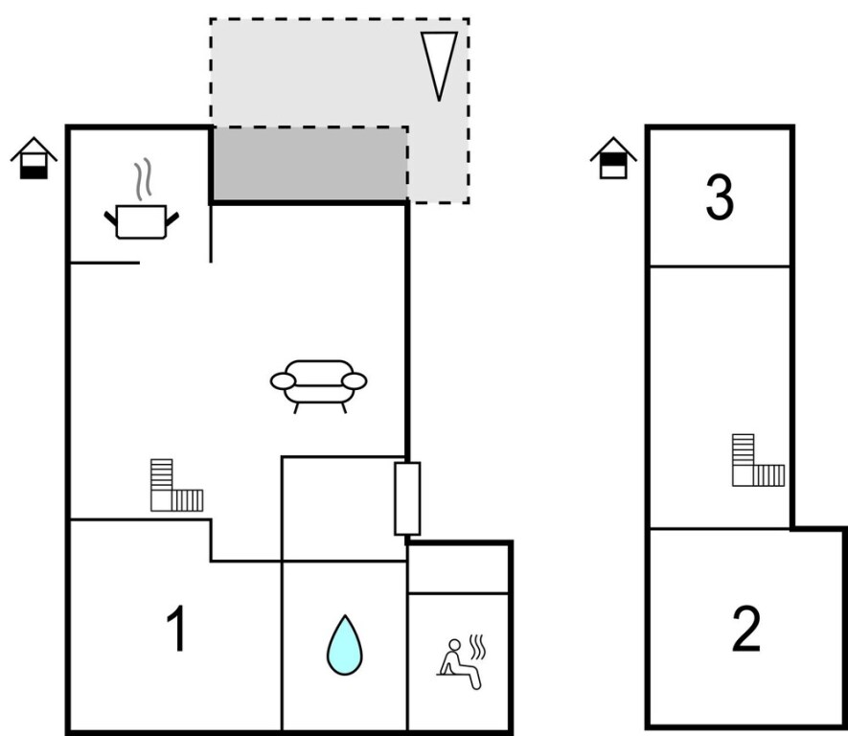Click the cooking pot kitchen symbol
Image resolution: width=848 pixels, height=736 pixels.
click(141, 221)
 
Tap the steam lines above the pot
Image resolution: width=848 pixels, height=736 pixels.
click(143, 179)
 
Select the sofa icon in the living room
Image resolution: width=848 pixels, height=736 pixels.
click(318, 386)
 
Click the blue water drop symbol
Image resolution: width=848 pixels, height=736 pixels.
click(345, 645)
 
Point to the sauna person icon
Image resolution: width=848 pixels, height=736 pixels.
click(461, 662)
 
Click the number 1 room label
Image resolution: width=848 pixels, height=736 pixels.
click(177, 629)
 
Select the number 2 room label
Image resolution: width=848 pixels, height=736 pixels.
click(746, 629)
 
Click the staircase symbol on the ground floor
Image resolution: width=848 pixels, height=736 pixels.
click(177, 485)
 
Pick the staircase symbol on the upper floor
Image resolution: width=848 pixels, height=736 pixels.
click(758, 460)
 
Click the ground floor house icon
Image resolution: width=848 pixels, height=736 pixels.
click(34, 158)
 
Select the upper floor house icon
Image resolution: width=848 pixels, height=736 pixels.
click(613, 158)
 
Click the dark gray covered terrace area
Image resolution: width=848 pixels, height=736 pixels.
click(309, 165)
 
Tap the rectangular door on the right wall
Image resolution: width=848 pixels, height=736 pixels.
click(407, 498)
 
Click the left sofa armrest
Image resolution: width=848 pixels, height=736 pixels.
click(283, 381)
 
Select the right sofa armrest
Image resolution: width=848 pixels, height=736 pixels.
click(355, 381)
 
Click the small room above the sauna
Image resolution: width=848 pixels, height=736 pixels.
click(458, 569)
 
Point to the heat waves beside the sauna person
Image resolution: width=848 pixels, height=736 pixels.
click(477, 647)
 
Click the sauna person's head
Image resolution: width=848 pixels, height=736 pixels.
click(455, 645)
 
